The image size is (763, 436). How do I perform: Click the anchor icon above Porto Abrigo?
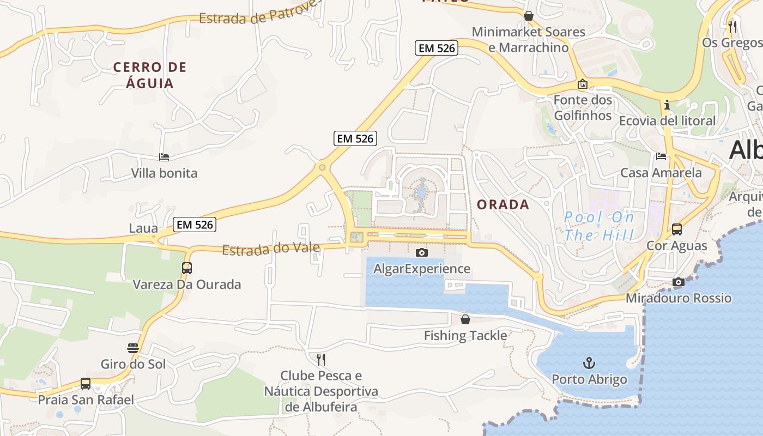(589, 362)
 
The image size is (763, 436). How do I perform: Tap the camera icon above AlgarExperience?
(421, 252)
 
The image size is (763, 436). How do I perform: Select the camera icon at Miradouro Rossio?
(679, 282)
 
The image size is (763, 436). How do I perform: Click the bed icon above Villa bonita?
(164, 157)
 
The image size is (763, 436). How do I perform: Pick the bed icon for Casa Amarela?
(661, 156)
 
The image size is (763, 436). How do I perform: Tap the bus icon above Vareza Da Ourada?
(187, 268)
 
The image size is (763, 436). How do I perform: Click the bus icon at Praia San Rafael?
(86, 383)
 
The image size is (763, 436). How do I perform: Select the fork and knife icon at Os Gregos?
(732, 26)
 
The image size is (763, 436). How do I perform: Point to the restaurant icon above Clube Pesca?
(321, 359)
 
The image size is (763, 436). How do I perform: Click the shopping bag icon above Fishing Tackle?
(465, 319)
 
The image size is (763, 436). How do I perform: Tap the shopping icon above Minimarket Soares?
(528, 16)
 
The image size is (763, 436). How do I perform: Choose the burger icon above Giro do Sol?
(133, 348)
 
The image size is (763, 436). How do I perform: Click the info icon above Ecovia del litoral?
(667, 105)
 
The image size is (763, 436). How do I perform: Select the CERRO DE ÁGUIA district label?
(150, 75)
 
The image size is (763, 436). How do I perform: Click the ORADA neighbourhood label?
(503, 205)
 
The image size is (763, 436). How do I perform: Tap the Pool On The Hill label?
(599, 227)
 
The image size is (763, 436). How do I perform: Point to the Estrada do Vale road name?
(271, 249)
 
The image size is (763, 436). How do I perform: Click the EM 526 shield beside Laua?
(195, 225)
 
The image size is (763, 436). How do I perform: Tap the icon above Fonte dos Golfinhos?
(583, 84)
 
